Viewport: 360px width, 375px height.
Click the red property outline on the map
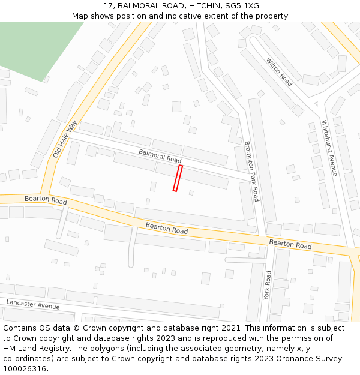point(178,178)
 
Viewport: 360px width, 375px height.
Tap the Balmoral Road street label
point(160,156)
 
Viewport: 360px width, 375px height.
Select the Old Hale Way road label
point(65,139)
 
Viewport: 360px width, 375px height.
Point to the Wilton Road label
point(279,72)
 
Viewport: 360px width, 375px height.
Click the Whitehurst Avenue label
point(329,148)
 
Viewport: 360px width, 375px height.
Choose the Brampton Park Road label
point(251,171)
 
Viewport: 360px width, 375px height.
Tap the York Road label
point(268,285)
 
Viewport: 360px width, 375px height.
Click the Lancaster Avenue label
point(33,304)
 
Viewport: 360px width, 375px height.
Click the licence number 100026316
point(25,368)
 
